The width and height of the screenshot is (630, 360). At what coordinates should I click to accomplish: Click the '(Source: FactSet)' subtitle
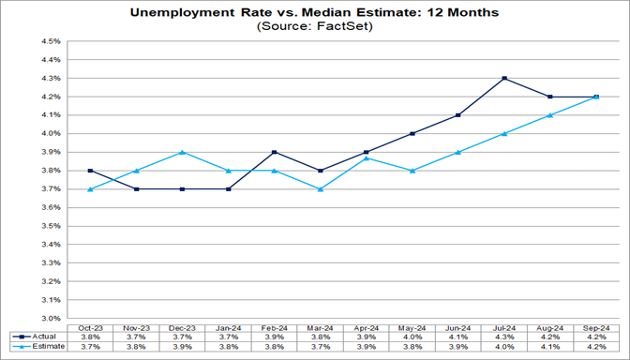coord(314,27)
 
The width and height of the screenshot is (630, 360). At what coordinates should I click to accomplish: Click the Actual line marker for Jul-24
coord(504,78)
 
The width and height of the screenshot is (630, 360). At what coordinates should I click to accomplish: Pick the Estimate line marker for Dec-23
coord(183,152)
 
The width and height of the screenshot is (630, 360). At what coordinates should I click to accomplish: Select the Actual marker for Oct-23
coord(90,171)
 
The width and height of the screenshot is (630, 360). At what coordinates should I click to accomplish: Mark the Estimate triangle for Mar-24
coord(321,188)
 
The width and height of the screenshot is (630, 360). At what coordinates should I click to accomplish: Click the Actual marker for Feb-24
coord(275,152)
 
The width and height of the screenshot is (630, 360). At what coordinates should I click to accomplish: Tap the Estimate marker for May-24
coord(412,171)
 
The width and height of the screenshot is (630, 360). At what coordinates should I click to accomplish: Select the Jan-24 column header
coord(229,325)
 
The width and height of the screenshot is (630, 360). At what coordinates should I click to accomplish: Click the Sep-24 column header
coord(596,325)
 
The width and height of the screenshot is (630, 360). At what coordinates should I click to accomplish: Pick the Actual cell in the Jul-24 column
coord(504,336)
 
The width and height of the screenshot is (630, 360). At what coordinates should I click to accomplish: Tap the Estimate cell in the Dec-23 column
coord(183,346)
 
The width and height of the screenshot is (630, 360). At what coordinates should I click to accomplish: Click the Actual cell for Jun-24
coord(458,336)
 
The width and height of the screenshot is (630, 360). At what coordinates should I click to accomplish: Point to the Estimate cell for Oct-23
coord(90,346)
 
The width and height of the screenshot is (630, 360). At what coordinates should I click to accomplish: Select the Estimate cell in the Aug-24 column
coord(550,346)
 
